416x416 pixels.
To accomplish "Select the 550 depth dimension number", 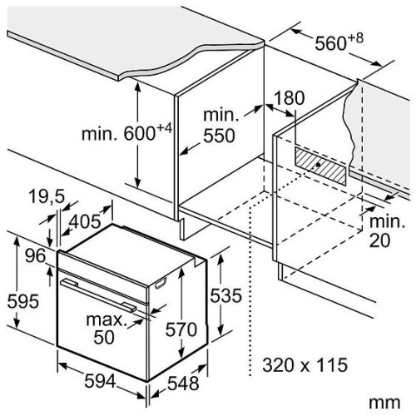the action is click(219, 136).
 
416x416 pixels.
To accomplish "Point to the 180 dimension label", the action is click(290, 97).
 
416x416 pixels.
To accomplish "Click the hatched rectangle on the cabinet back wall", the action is click(320, 166).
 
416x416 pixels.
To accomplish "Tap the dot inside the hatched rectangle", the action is click(319, 165).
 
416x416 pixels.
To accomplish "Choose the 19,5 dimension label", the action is click(47, 196).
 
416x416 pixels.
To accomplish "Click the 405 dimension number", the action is click(85, 221).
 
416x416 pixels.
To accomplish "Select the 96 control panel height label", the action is click(35, 255).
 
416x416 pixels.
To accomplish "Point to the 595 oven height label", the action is click(23, 301).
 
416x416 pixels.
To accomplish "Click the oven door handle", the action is click(99, 295).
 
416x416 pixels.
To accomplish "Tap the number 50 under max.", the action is click(104, 337).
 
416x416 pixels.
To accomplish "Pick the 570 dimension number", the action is click(181, 329).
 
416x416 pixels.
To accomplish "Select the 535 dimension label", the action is click(225, 295).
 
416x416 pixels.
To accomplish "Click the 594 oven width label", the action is click(100, 381).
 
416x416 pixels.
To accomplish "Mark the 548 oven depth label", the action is click(183, 384).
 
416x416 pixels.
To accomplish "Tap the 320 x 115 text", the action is click(305, 364).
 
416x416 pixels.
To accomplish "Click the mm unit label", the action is click(384, 402).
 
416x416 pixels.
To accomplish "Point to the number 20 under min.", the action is click(379, 240).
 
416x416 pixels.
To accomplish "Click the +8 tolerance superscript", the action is click(355, 38).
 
